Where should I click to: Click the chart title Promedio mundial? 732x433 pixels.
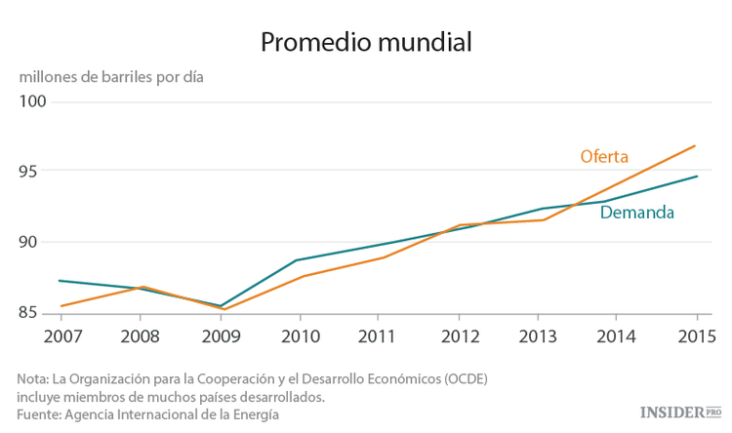[365, 43]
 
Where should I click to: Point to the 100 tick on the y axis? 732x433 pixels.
[34, 101]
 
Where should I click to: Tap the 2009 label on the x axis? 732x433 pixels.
[221, 336]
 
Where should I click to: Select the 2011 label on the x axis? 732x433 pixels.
[380, 336]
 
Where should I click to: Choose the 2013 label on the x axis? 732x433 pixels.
[539, 336]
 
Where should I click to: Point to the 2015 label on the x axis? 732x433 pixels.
[696, 336]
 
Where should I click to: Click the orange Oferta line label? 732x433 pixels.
[603, 156]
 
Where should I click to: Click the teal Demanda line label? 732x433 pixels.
[636, 213]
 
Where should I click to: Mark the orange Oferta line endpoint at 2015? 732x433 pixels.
[696, 145]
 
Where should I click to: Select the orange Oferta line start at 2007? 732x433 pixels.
[61, 306]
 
